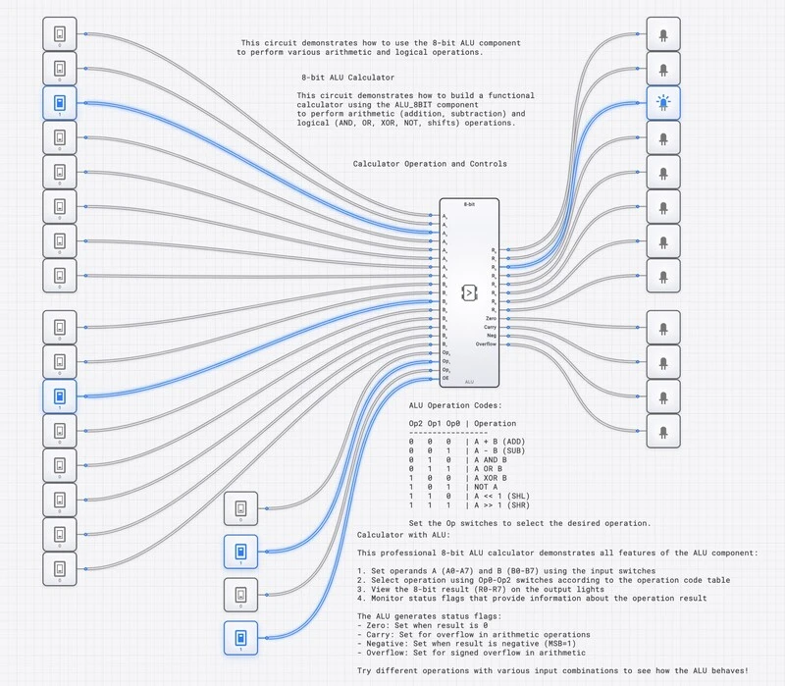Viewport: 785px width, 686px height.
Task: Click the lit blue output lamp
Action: (x=663, y=103)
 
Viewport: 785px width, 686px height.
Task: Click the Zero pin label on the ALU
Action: (x=491, y=319)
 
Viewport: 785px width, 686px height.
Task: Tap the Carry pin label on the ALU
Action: (x=491, y=327)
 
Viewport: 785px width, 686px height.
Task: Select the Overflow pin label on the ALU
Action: (x=487, y=344)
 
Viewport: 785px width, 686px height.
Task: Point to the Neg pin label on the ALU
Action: (x=492, y=336)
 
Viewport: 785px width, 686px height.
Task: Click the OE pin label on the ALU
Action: (x=445, y=378)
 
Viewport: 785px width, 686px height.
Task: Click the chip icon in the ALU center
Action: (x=469, y=292)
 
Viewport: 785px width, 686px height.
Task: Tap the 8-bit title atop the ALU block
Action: (x=469, y=203)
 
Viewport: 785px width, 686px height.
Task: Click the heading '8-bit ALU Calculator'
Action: (x=348, y=77)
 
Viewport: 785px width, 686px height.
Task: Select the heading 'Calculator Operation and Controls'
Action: (x=430, y=164)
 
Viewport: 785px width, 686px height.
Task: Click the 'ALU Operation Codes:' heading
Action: (x=455, y=405)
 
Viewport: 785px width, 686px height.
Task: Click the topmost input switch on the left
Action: (x=59, y=35)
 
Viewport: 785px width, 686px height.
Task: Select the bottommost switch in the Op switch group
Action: (x=241, y=637)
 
